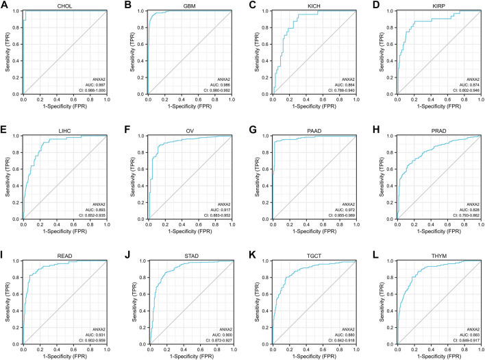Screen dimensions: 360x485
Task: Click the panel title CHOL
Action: point(64,6)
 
